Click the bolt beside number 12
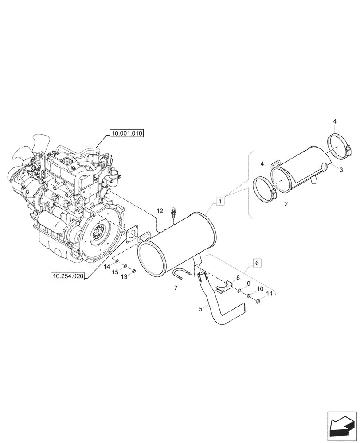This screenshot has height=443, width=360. click(x=173, y=215)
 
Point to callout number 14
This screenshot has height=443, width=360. click(x=107, y=267)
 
